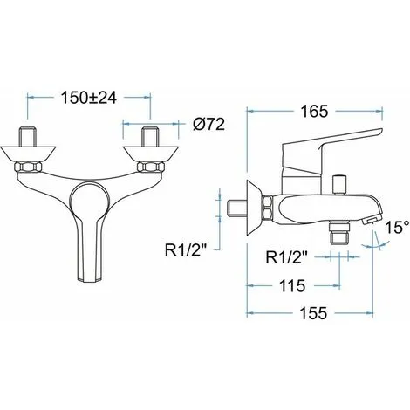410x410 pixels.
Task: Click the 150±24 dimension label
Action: (89, 98)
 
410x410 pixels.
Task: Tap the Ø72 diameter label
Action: (209, 125)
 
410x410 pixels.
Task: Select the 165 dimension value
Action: (314, 111)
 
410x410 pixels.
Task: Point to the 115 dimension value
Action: (292, 285)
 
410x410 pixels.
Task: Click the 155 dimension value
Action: (313, 313)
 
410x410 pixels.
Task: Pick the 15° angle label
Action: (398, 227)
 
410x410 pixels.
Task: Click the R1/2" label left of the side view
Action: (186, 250)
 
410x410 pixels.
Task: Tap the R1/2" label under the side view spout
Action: (286, 257)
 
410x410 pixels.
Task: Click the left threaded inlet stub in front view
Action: (28, 137)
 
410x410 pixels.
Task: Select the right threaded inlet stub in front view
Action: (150, 137)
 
